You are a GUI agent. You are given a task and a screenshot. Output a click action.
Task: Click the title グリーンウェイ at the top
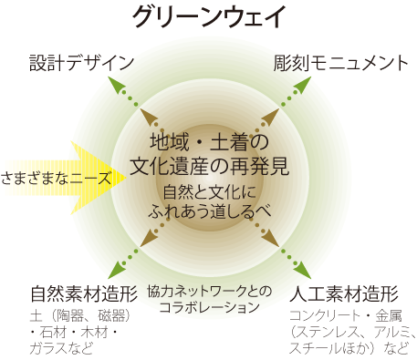coord(209,17)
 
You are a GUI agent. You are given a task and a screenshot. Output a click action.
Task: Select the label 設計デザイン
coord(82,63)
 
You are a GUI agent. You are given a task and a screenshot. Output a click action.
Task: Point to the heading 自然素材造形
coord(83,294)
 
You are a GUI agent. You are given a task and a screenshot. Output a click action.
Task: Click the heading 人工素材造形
coord(343,294)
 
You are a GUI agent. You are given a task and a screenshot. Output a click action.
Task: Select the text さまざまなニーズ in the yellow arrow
coord(55,176)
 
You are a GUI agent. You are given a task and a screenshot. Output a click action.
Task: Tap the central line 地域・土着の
coord(209,142)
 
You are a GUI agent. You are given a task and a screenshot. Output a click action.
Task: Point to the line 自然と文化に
coord(209,192)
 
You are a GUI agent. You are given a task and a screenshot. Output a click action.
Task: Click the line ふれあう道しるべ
coord(209,211)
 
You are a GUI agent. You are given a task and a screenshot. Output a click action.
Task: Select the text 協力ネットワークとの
coord(209,291)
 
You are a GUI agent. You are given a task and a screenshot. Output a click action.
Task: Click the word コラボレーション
coord(209,307)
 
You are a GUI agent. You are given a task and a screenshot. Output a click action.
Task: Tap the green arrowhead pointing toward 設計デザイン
coord(115,82)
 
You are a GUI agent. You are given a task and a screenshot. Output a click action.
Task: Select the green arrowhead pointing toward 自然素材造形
coord(116,270)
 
